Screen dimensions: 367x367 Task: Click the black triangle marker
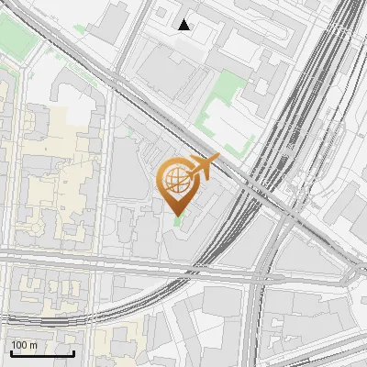click(x=184, y=25)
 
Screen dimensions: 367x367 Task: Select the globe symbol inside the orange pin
click(x=177, y=178)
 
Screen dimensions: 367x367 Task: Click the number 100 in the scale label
click(x=19, y=345)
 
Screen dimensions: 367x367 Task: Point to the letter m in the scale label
click(x=33, y=345)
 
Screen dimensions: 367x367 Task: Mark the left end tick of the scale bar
click(x=10, y=353)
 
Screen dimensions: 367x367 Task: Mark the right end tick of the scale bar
click(x=73, y=353)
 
